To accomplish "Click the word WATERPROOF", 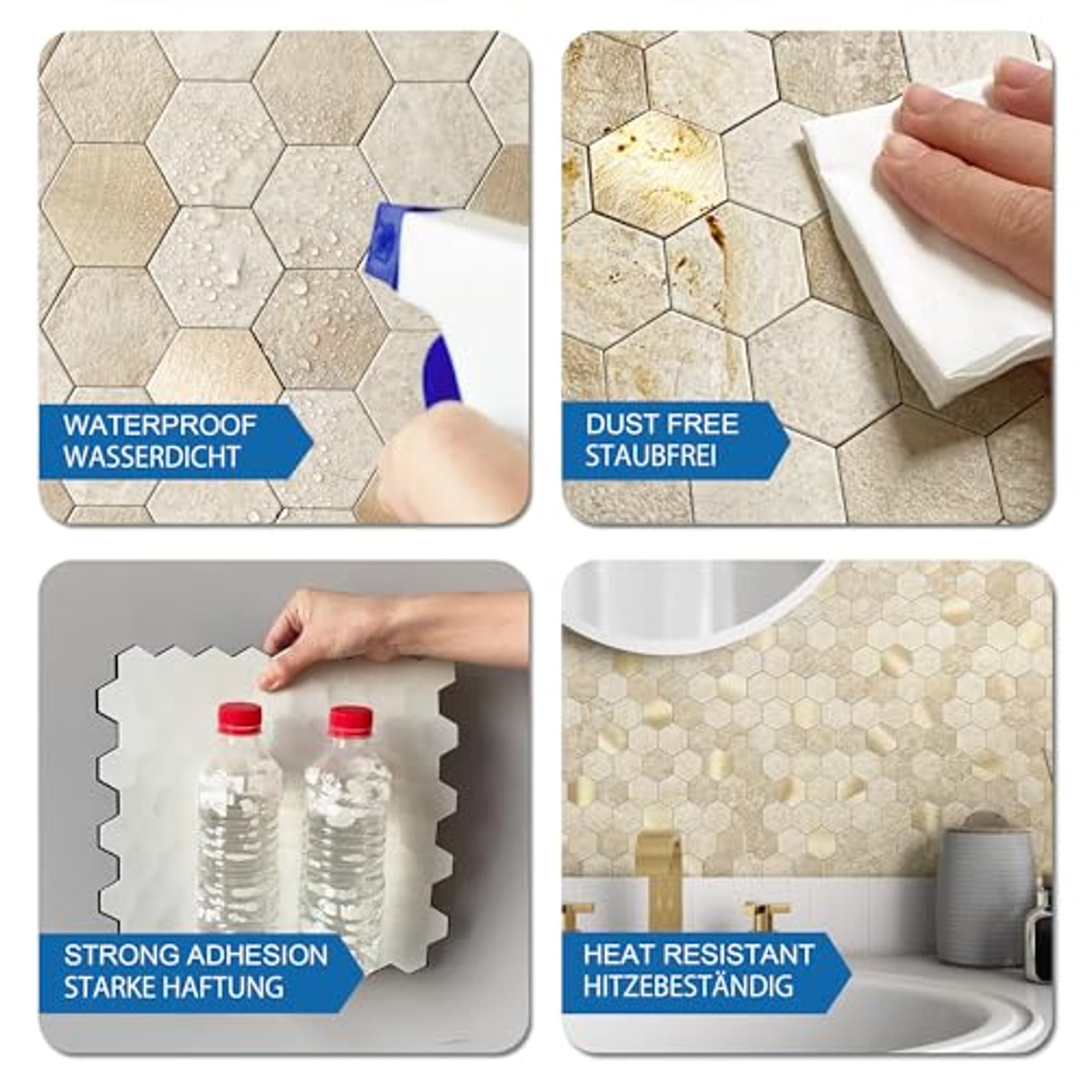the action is (159, 425).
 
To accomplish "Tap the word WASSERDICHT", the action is (151, 457).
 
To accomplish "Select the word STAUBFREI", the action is (651, 457).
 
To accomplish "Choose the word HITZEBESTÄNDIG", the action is (688, 986).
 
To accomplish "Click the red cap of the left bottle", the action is (239, 717).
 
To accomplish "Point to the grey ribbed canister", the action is (986, 899).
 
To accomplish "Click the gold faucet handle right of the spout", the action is (766, 915).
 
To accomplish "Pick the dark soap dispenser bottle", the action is (1039, 935).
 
